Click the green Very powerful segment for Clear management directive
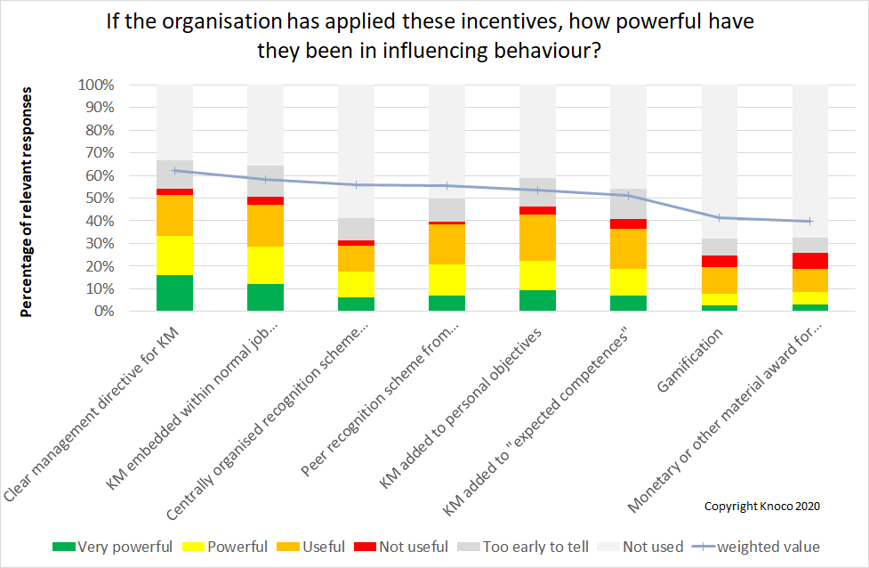pos(174,293)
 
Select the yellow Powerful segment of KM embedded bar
pos(265,265)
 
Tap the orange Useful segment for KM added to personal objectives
pos(537,238)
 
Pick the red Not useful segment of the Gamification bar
pos(719,261)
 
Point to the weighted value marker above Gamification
pos(719,217)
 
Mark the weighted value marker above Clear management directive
pos(174,170)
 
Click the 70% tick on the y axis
pos(97,153)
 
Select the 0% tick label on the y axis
pos(101,312)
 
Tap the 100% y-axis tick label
pos(97,85)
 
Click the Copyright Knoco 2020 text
pos(761,506)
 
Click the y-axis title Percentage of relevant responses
pos(28,201)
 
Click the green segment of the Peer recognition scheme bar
pos(447,303)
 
